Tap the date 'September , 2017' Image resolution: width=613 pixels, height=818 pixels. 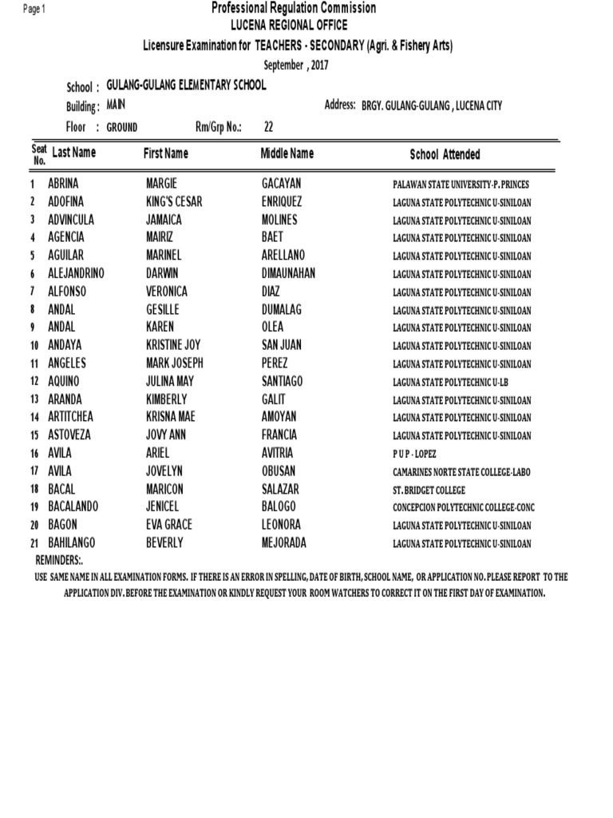pyautogui.click(x=295, y=66)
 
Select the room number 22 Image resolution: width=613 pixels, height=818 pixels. pyautogui.click(x=268, y=126)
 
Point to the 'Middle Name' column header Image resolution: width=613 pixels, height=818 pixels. pyautogui.click(x=287, y=153)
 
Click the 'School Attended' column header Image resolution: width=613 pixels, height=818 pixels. pyautogui.click(x=445, y=155)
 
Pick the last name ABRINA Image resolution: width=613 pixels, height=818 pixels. pyautogui.click(x=64, y=184)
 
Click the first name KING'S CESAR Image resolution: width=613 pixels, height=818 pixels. pyautogui.click(x=174, y=202)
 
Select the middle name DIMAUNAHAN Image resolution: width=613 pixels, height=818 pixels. pyautogui.click(x=289, y=273)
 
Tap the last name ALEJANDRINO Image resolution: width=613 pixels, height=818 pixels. pyautogui.click(x=76, y=273)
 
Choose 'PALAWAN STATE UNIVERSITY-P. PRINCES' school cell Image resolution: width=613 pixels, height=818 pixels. pyautogui.click(x=461, y=185)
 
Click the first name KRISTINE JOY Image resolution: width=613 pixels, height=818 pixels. pyautogui.click(x=174, y=345)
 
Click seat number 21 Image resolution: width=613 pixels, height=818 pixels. pyautogui.click(x=35, y=544)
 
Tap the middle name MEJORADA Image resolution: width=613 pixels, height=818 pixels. pyautogui.click(x=284, y=543)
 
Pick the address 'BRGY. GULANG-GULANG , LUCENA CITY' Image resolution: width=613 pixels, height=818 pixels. pyautogui.click(x=432, y=106)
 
